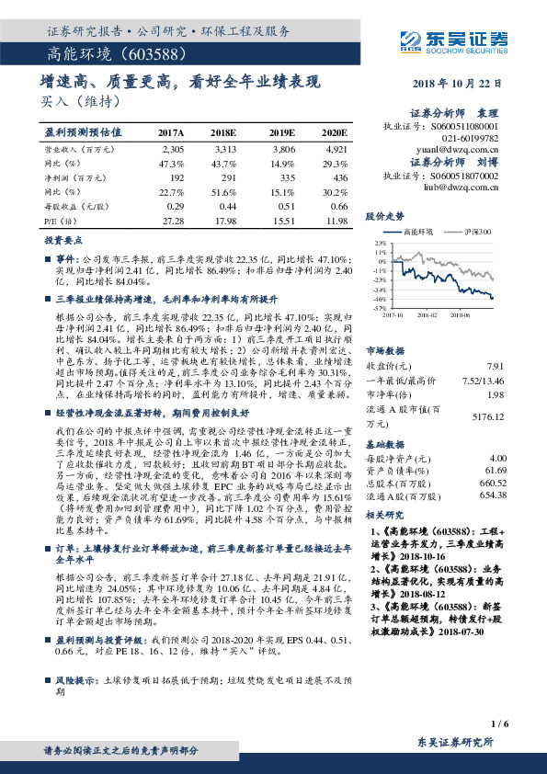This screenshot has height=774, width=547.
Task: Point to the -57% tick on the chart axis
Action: [x=379, y=308]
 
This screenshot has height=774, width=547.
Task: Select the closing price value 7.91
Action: [x=497, y=366]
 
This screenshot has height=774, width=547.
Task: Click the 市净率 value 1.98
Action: [x=497, y=394]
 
